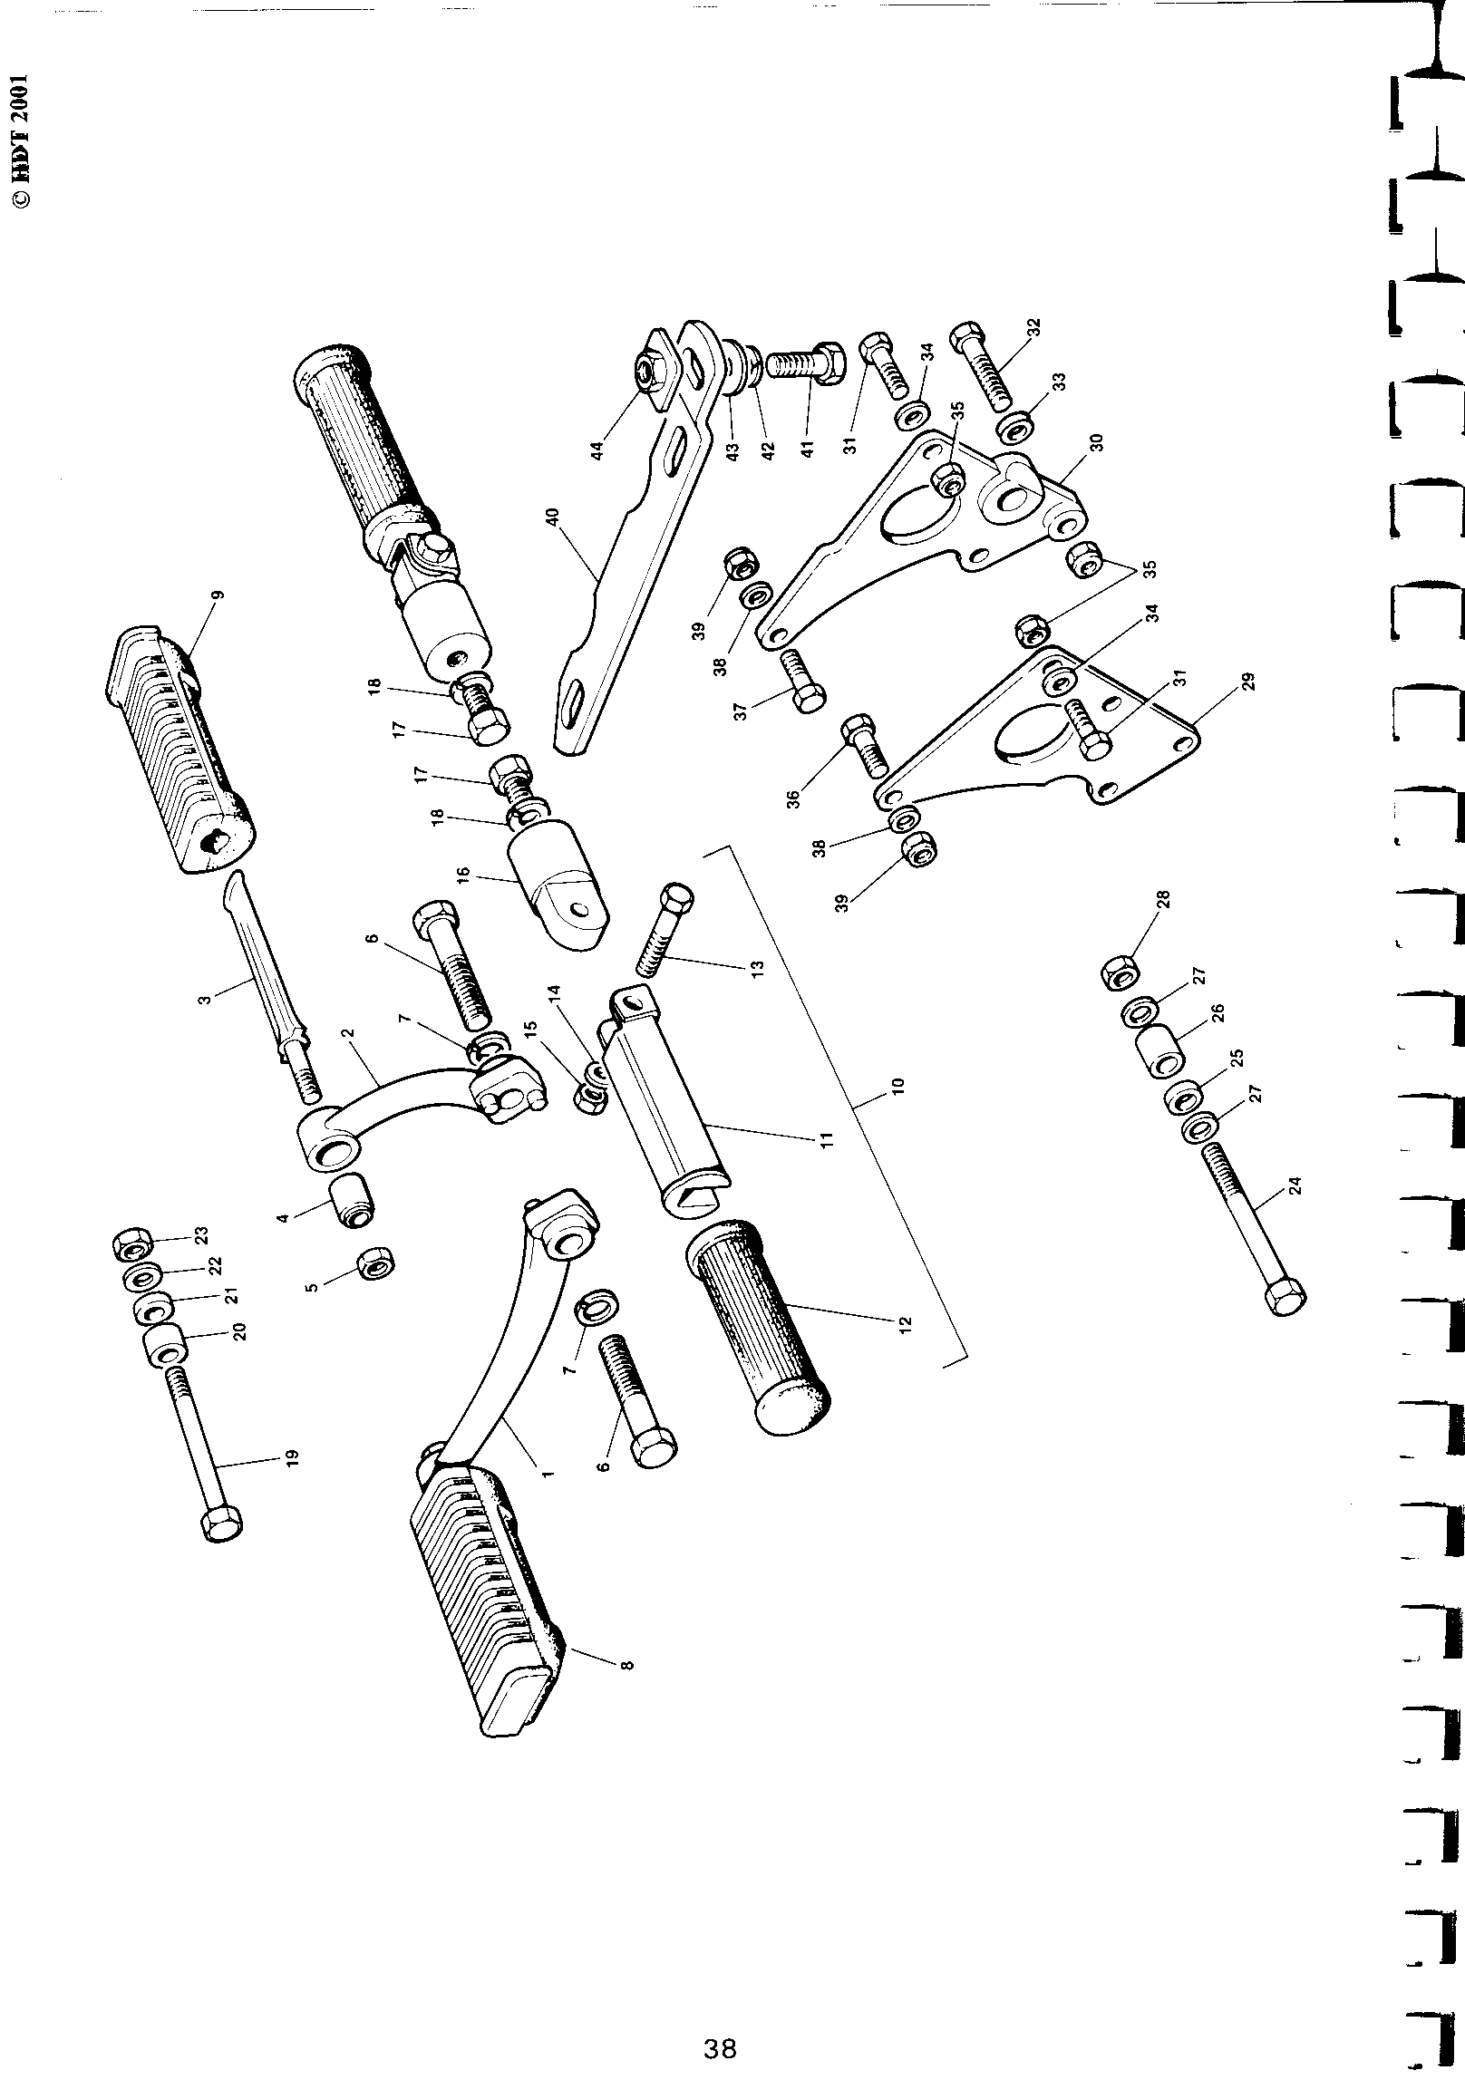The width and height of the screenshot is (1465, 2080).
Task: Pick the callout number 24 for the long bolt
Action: pyautogui.click(x=1294, y=1185)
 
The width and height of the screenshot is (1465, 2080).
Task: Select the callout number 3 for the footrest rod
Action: pyautogui.click(x=205, y=999)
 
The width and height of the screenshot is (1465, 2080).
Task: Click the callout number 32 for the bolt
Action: pyautogui.click(x=1034, y=329)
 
